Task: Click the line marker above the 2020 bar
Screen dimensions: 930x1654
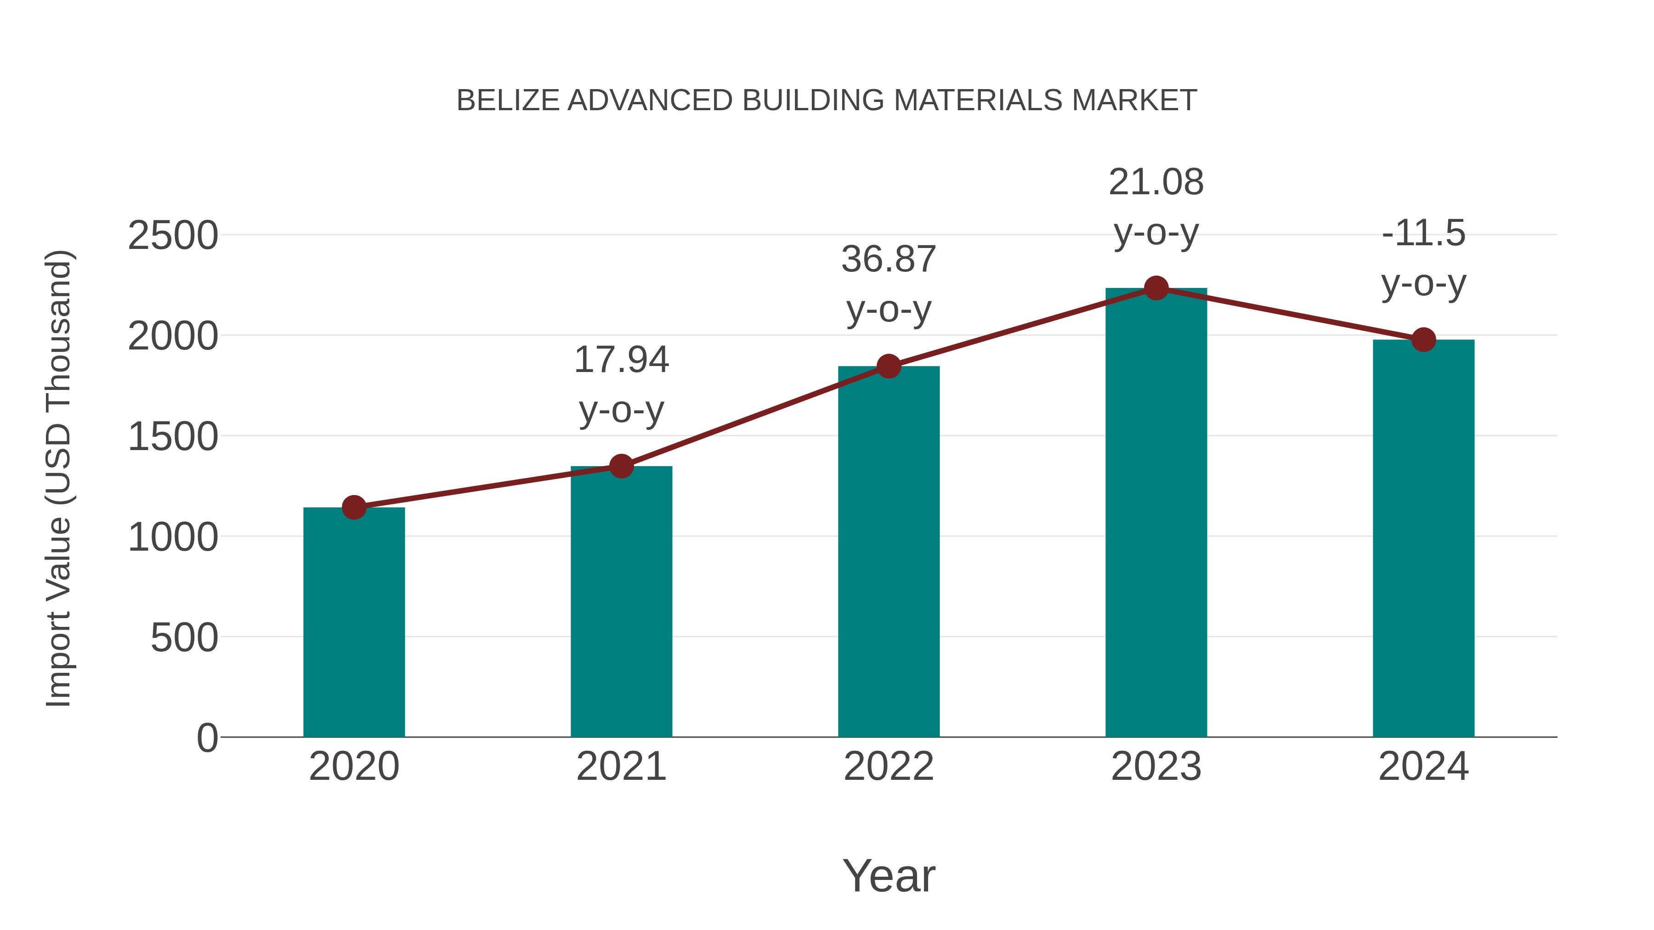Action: click(x=354, y=507)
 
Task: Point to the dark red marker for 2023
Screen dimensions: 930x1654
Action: click(x=1156, y=288)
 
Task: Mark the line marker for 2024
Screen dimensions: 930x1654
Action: click(x=1423, y=339)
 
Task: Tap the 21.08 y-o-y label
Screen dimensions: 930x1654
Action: click(x=1156, y=207)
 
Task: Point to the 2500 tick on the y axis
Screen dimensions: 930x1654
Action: click(x=173, y=236)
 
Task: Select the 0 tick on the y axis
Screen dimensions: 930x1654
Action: click(x=207, y=738)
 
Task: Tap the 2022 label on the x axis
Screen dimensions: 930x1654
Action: click(x=889, y=767)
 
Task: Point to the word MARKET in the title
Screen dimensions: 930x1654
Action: click(x=1134, y=101)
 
